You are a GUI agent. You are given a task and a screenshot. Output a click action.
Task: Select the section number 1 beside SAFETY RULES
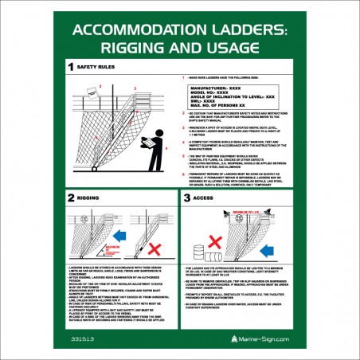[71, 68]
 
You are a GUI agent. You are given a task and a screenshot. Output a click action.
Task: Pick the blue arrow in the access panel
[268, 238]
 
